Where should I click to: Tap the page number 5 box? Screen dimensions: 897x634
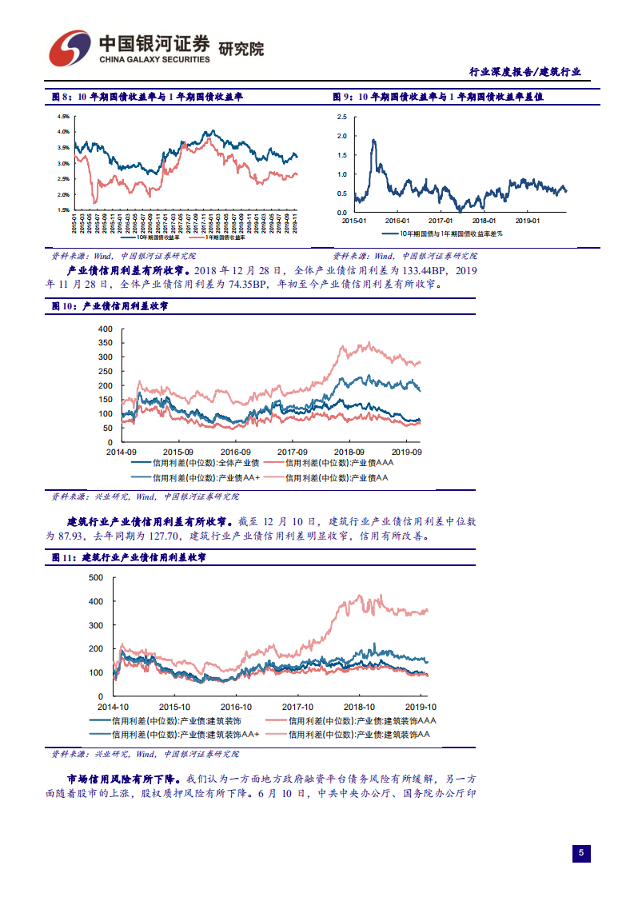[581, 853]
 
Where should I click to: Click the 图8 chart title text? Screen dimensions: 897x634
[147, 97]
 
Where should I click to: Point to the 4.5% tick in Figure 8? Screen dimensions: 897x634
[62, 117]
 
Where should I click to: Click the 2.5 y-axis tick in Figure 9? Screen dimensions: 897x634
[342, 117]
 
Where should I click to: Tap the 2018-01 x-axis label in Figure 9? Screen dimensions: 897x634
[482, 220]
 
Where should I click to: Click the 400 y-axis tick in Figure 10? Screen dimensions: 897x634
[106, 329]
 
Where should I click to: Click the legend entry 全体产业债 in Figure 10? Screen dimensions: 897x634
[195, 463]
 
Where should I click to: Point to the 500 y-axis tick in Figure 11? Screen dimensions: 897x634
[96, 577]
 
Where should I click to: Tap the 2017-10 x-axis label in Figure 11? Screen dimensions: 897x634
[297, 707]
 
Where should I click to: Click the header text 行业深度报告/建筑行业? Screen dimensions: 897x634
[524, 72]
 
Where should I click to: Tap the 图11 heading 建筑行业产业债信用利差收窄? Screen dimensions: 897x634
[144, 556]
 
